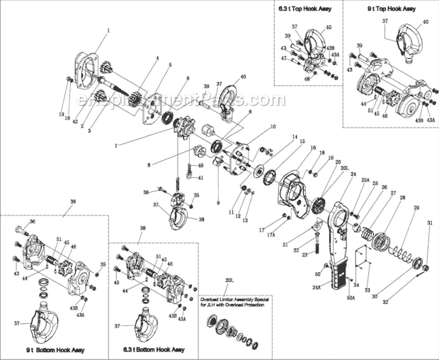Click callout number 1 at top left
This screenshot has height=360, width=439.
point(108,30)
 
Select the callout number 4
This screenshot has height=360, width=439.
point(157,57)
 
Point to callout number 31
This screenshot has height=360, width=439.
point(429,223)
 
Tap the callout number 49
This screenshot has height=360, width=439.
point(200,165)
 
